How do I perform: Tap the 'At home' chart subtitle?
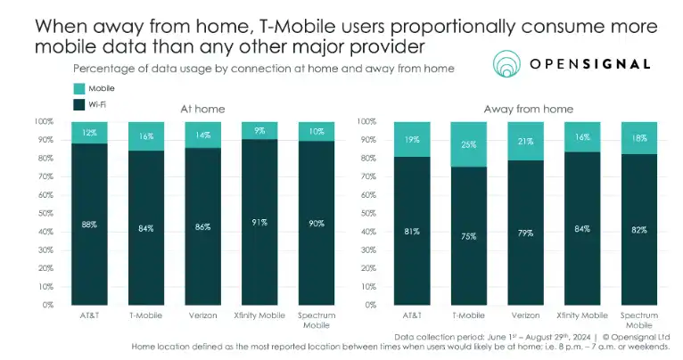coord(202,109)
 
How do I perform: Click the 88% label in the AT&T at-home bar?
coord(89,225)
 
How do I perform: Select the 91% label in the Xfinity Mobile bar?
coord(259,223)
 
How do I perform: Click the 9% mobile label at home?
coord(259,130)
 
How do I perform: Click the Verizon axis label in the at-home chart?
coord(202,315)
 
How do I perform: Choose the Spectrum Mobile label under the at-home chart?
coord(315,321)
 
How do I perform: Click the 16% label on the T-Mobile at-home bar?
coord(145,136)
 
